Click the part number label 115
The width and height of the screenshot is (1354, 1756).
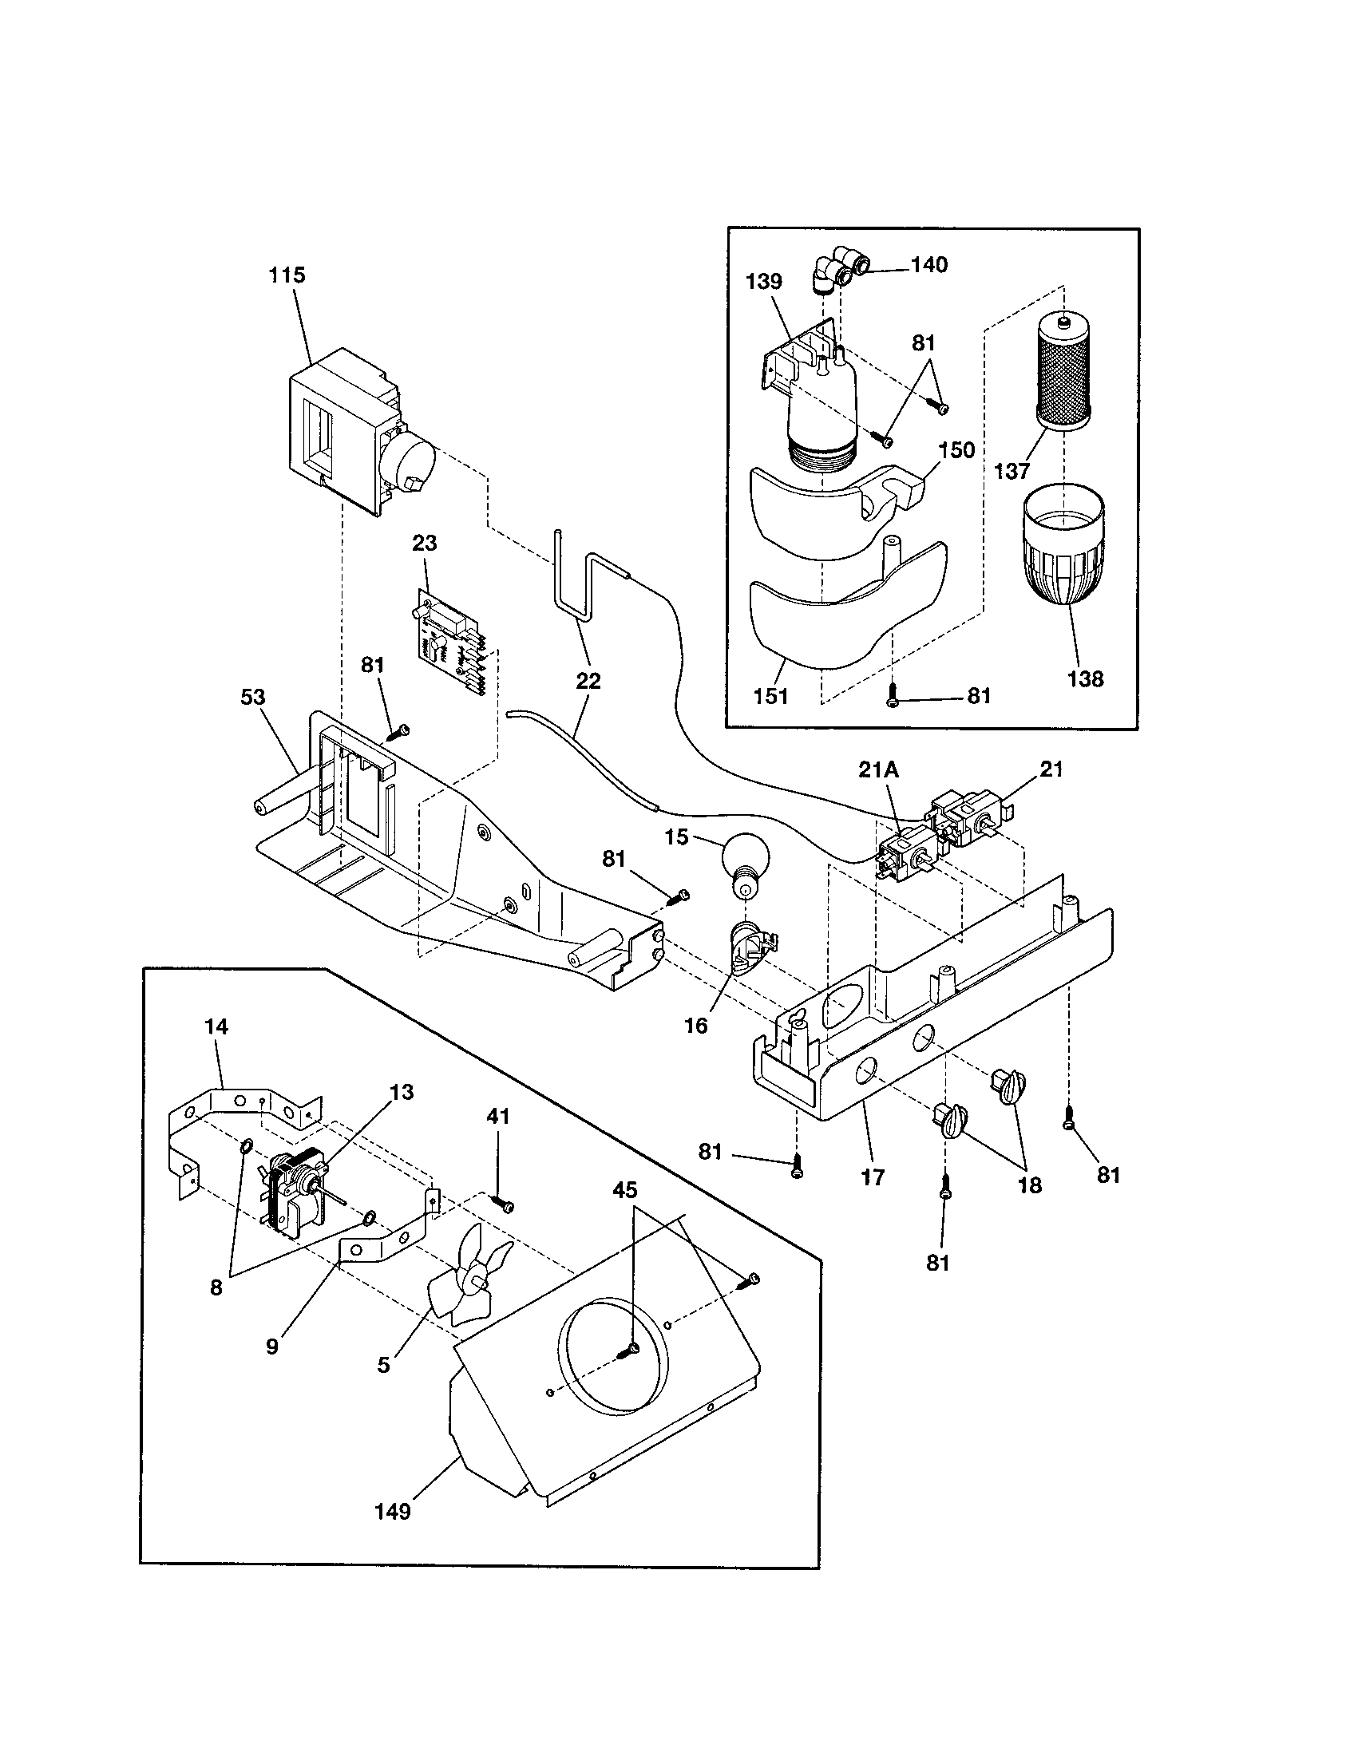pos(287,275)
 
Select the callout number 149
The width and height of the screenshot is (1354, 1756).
pos(392,1512)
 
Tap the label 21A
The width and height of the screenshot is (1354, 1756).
pos(878,770)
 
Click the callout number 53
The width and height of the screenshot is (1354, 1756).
pos(253,697)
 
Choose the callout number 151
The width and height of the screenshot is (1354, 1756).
pos(770,695)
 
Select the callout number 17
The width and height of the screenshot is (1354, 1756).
pos(873,1177)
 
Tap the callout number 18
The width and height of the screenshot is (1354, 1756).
pos(1030,1185)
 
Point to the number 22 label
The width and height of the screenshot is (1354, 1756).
pos(588,681)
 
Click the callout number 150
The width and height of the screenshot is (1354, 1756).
pos(956,449)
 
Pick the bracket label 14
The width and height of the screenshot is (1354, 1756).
pos(216,1026)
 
